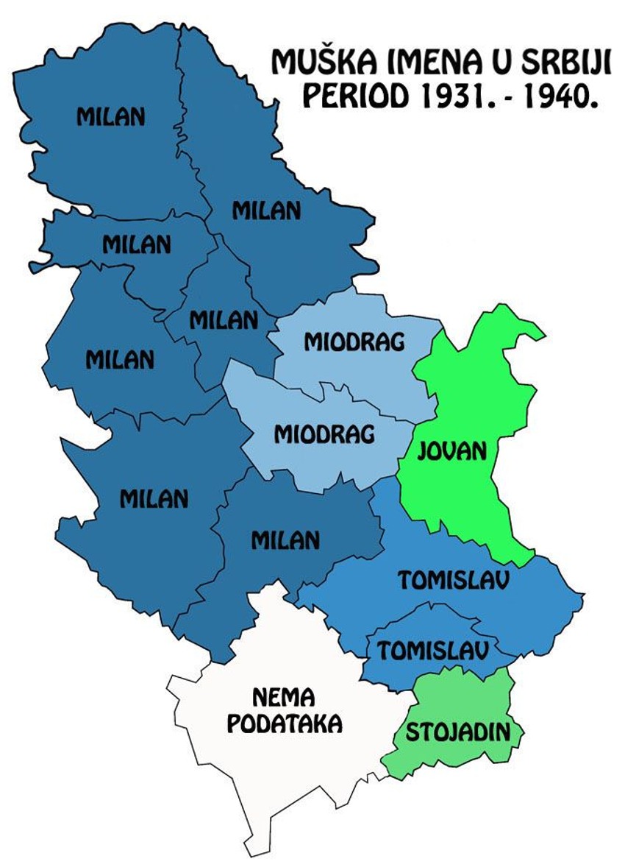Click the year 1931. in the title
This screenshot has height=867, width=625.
tap(450, 96)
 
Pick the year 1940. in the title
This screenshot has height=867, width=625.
tap(552, 96)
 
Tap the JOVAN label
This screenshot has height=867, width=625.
tap(452, 450)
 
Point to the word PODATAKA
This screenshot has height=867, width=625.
tap(284, 724)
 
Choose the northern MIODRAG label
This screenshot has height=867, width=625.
tap(354, 342)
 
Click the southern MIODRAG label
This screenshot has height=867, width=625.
tap(324, 433)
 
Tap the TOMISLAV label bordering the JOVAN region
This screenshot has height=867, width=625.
tap(454, 580)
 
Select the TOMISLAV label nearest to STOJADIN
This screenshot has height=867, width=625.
tap(433, 650)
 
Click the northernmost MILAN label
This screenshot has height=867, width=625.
tap(111, 116)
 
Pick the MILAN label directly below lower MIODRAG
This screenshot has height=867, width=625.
tap(285, 540)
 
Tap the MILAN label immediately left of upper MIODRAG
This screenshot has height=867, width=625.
tap(224, 320)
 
